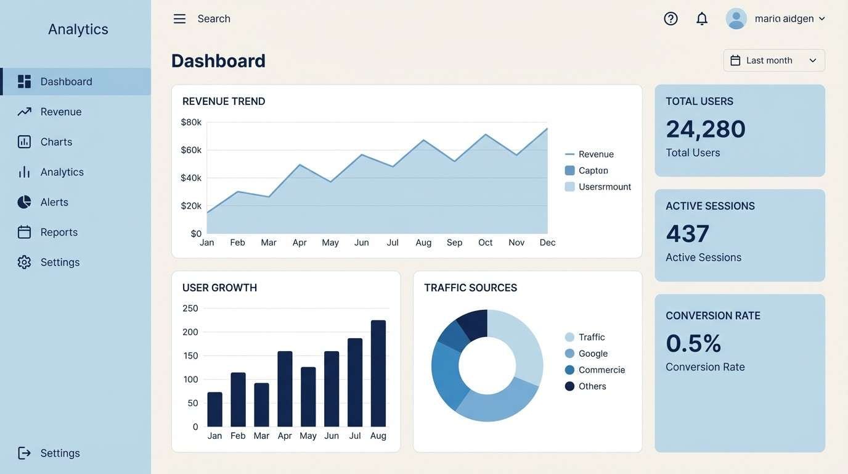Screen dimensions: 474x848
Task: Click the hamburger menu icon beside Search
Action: (179, 19)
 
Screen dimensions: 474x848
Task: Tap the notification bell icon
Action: (702, 19)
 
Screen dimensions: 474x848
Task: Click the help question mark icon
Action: (671, 19)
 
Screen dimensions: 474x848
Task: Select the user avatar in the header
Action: (736, 19)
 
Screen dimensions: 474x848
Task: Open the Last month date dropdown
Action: (774, 60)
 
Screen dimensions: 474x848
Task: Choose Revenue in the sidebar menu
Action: (61, 112)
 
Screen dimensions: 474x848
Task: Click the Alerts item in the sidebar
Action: (54, 202)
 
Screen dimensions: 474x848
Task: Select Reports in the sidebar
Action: (59, 232)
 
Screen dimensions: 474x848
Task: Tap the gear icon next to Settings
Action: (24, 262)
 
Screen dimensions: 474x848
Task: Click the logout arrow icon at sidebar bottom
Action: (24, 453)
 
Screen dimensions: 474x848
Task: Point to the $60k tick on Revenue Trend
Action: (191, 150)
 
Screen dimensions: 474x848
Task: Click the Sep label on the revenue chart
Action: (454, 243)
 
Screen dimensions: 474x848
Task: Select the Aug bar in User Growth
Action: (378, 373)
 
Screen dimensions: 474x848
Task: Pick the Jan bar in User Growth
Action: (214, 409)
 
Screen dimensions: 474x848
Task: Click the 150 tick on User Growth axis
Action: (190, 355)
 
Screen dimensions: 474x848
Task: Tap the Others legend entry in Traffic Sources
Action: (592, 386)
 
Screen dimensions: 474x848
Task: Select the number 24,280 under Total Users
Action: (706, 129)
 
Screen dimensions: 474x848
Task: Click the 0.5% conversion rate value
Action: (693, 343)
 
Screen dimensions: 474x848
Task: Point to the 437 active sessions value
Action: (688, 234)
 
